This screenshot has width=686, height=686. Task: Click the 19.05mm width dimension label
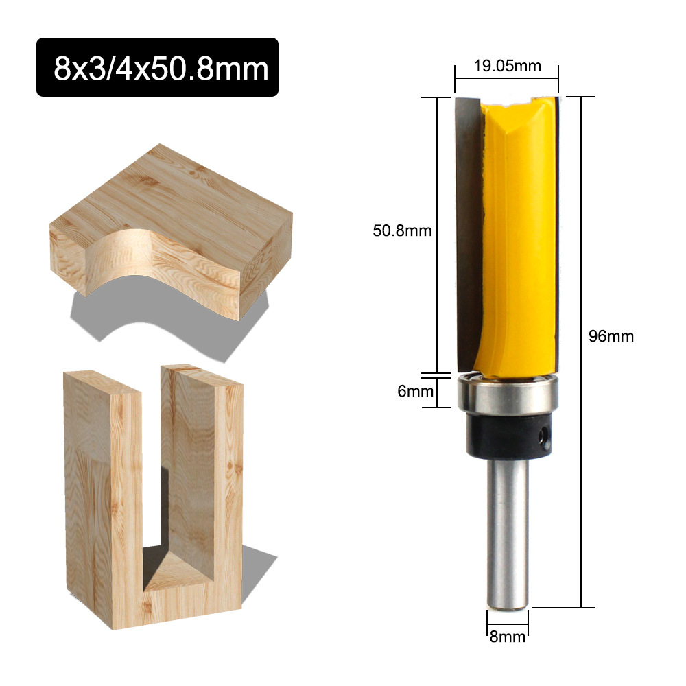click(x=507, y=66)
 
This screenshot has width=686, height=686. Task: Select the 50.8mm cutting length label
click(x=402, y=230)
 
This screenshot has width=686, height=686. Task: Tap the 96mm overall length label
click(x=611, y=336)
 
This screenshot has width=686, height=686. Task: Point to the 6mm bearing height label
click(x=416, y=391)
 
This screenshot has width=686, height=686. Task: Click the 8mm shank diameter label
click(x=508, y=636)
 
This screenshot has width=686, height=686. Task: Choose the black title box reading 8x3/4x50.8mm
click(x=157, y=67)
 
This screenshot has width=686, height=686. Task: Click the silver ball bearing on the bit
click(x=507, y=397)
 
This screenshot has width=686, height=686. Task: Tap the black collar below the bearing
click(x=507, y=438)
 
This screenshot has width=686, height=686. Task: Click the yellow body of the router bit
click(x=521, y=233)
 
